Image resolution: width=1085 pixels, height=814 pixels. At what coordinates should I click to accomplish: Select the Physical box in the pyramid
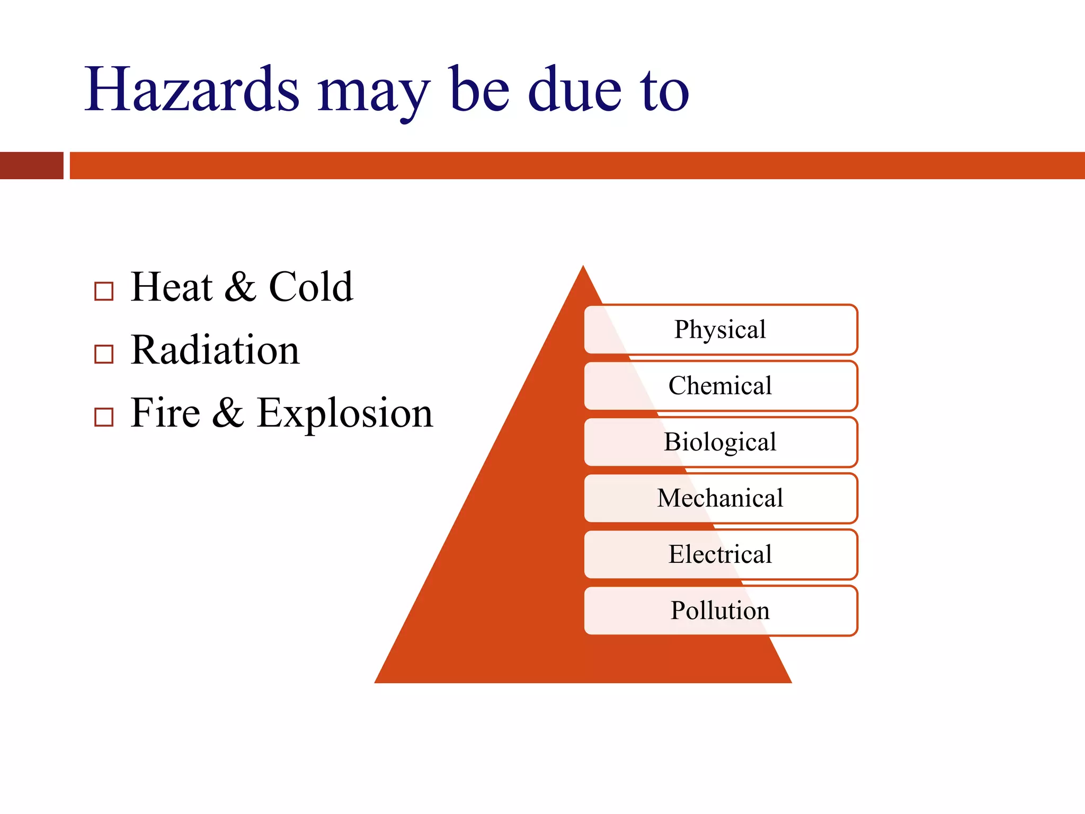721,329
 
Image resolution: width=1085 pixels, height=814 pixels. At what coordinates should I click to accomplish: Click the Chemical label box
721,385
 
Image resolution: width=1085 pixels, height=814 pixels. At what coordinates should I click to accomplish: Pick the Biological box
721,442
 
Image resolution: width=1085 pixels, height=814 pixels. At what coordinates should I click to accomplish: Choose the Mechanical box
721,498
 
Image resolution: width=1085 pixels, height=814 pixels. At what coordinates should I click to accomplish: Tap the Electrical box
721,554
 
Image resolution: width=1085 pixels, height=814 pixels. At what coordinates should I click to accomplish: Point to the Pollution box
721,610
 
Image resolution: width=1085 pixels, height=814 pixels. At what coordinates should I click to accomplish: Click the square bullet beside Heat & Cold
104,291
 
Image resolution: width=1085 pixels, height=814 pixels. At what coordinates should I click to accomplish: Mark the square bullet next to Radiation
104,354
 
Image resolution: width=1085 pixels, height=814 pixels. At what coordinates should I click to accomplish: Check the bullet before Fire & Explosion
104,417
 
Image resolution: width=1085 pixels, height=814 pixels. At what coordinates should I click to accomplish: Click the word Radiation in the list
215,350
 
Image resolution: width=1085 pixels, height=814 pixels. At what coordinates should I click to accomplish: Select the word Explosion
345,413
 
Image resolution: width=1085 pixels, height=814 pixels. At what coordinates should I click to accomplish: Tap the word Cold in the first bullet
311,287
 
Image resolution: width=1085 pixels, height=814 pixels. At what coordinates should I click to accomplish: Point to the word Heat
172,287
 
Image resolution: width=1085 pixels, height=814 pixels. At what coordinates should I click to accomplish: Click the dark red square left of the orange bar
32,165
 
